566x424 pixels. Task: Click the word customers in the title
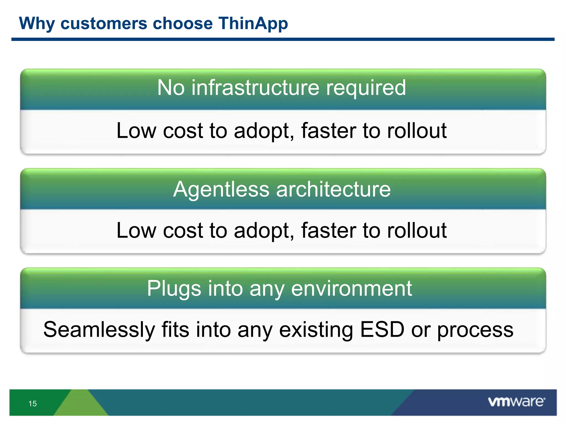[x=104, y=23]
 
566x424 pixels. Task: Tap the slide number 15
[x=32, y=404]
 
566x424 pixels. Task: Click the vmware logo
[x=516, y=402]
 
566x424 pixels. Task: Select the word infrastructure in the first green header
[x=255, y=88]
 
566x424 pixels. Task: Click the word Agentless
[x=221, y=190]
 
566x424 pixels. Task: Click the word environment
[x=352, y=288]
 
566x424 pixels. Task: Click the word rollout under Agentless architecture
[x=417, y=230]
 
